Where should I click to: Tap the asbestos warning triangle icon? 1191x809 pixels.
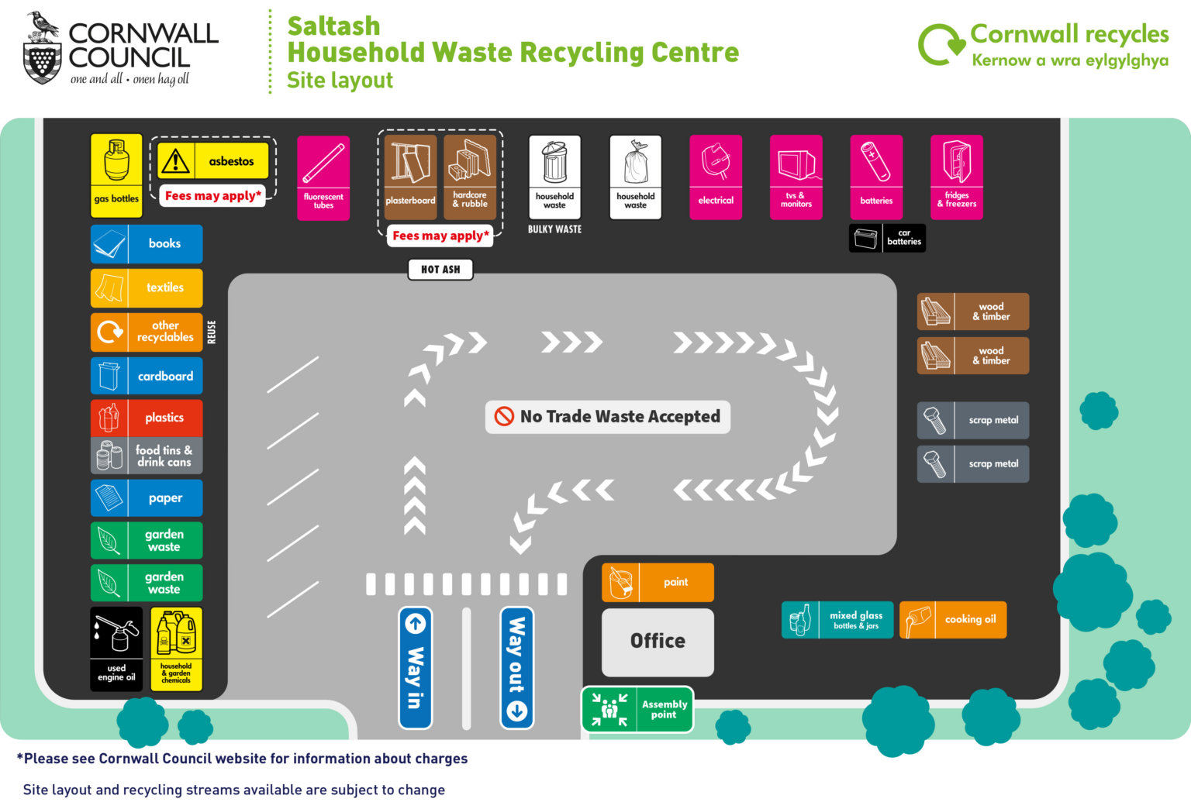pyautogui.click(x=176, y=160)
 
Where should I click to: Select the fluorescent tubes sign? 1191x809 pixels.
pyautogui.click(x=323, y=177)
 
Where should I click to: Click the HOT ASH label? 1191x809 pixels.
pyautogui.click(x=440, y=269)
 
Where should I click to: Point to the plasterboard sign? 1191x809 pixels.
pyautogui.click(x=410, y=177)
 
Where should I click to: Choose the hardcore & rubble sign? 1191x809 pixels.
pyautogui.click(x=470, y=177)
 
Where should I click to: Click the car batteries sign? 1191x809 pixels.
pyautogui.click(x=887, y=238)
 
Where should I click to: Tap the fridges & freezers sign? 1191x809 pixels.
pyautogui.click(x=956, y=177)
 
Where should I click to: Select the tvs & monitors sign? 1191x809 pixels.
pyautogui.click(x=796, y=177)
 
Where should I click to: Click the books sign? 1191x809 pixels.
pyautogui.click(x=147, y=243)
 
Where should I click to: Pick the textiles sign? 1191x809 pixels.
pyautogui.click(x=147, y=287)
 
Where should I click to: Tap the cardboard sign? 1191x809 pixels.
pyautogui.click(x=147, y=376)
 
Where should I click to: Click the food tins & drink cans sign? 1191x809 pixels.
pyautogui.click(x=147, y=456)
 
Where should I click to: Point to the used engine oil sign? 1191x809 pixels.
pyautogui.click(x=116, y=649)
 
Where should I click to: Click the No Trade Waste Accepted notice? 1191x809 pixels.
pyautogui.click(x=608, y=417)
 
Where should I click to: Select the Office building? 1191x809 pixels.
pyautogui.click(x=658, y=642)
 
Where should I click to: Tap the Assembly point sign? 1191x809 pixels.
pyautogui.click(x=637, y=709)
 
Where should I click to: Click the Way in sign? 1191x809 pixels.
pyautogui.click(x=415, y=667)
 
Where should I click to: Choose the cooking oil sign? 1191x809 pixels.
pyautogui.click(x=953, y=620)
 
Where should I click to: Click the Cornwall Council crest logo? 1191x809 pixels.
pyautogui.click(x=42, y=48)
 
